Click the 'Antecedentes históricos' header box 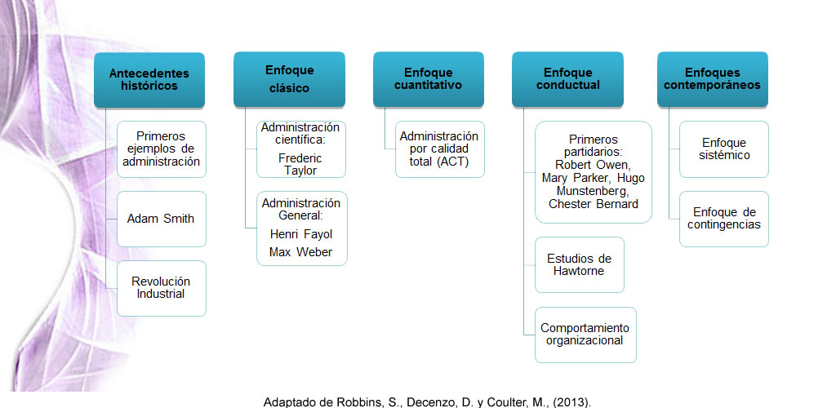pos(149,80)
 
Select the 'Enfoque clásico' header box pos(289,79)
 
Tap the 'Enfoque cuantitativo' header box pos(428,79)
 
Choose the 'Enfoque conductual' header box pos(568,79)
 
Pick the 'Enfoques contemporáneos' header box pos(712,79)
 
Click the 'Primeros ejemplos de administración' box pos(162,149)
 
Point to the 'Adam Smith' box pos(162,219)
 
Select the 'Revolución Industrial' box pos(162,288)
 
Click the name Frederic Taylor pos(300,165)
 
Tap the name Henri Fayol pos(301,234)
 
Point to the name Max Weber pos(300,252)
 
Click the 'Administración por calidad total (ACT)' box pos(440,149)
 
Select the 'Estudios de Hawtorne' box pos(580,264)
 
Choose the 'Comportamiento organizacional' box pos(585,335)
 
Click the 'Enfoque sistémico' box pos(724,149)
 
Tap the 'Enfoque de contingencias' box pos(724,219)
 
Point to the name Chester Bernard pos(594,204)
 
